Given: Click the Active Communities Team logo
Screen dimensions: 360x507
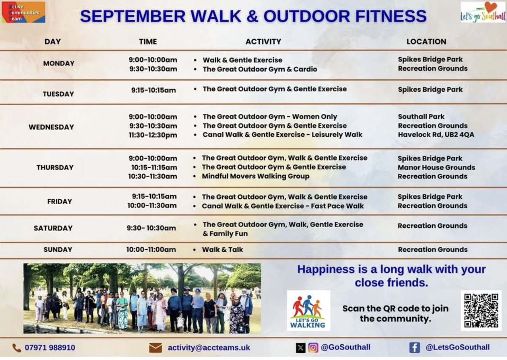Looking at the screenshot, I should [23, 12].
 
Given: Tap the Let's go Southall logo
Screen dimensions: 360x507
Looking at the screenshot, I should [483, 12].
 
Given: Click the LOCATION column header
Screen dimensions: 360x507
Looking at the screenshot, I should [426, 41].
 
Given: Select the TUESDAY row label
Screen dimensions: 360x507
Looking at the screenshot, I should [58, 94].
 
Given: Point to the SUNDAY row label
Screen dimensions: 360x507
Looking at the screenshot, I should [58, 250].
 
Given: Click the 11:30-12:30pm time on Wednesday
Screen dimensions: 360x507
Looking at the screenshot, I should [153, 135].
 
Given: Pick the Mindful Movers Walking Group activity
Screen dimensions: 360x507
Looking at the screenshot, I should [256, 176].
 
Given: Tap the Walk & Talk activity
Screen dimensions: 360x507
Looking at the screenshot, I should [223, 250].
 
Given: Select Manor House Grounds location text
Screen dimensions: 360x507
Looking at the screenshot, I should [436, 167].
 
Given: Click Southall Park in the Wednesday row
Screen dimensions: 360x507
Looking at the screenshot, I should [421, 117].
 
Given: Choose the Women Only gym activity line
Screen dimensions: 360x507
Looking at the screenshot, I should [270, 117].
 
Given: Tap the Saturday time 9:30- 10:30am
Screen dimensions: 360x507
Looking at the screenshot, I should [151, 228].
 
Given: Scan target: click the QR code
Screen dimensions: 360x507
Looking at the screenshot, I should [481, 310].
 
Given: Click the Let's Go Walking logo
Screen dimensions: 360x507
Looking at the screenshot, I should [308, 310].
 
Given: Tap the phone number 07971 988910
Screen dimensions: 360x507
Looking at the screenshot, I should [50, 348].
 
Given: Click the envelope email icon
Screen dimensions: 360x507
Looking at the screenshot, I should [155, 348].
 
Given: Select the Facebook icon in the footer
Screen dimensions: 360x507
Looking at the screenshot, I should [414, 347].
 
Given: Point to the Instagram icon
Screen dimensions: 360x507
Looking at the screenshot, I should [313, 348].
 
